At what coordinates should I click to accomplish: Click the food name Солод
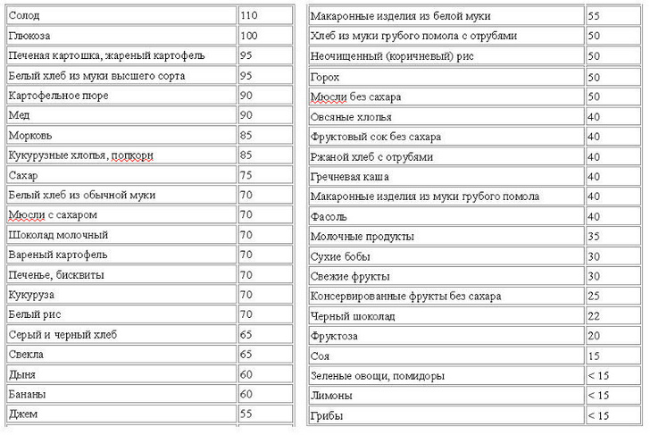(x=23, y=16)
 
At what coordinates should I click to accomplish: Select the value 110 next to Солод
(x=249, y=16)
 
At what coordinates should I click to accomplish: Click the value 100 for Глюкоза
(x=249, y=36)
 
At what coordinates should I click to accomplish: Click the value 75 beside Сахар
(x=246, y=175)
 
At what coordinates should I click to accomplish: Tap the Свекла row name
(x=26, y=355)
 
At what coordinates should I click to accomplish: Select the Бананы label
(x=27, y=394)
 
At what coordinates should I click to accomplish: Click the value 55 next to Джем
(x=246, y=414)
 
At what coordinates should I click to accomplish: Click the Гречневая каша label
(x=350, y=177)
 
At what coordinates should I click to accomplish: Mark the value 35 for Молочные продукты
(x=594, y=237)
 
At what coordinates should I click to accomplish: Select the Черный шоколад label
(x=352, y=316)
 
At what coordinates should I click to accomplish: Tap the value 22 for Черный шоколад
(x=594, y=316)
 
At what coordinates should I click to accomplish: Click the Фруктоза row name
(x=334, y=336)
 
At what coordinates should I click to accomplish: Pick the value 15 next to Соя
(x=594, y=356)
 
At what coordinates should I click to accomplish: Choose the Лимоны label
(x=330, y=396)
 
